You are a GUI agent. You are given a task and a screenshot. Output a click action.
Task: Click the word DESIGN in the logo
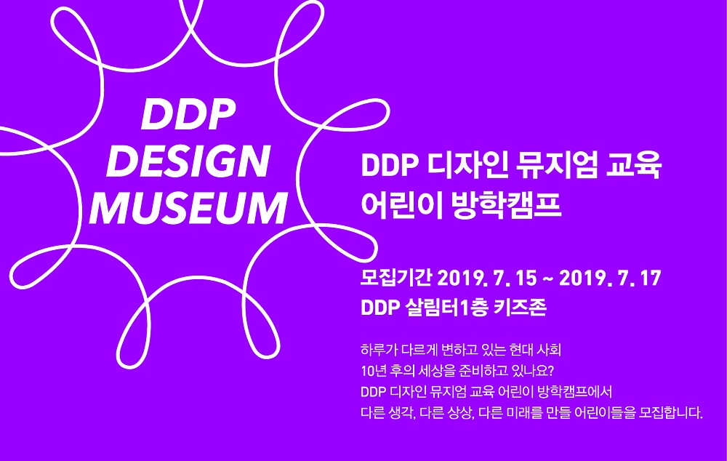click(x=188, y=161)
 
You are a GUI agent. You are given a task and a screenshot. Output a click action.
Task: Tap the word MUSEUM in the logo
click(x=188, y=208)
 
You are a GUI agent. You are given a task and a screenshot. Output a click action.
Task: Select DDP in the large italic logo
click(x=188, y=114)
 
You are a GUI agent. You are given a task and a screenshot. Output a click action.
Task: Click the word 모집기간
click(x=396, y=278)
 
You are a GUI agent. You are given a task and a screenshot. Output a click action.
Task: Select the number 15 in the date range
click(x=526, y=278)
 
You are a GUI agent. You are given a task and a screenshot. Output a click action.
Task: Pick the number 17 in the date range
click(x=651, y=278)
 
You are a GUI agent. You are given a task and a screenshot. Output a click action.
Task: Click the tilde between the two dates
click(x=547, y=278)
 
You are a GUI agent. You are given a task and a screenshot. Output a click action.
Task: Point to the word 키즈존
click(x=521, y=307)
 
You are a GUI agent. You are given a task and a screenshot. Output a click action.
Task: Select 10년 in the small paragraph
click(x=373, y=371)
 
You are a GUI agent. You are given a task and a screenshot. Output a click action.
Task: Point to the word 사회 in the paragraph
click(x=549, y=350)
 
